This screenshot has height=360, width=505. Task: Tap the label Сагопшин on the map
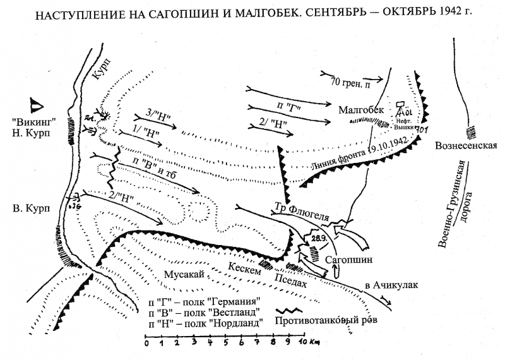click(345, 259)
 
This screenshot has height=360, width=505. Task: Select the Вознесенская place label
click(466, 145)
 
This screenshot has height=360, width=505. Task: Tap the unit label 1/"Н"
click(148, 133)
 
